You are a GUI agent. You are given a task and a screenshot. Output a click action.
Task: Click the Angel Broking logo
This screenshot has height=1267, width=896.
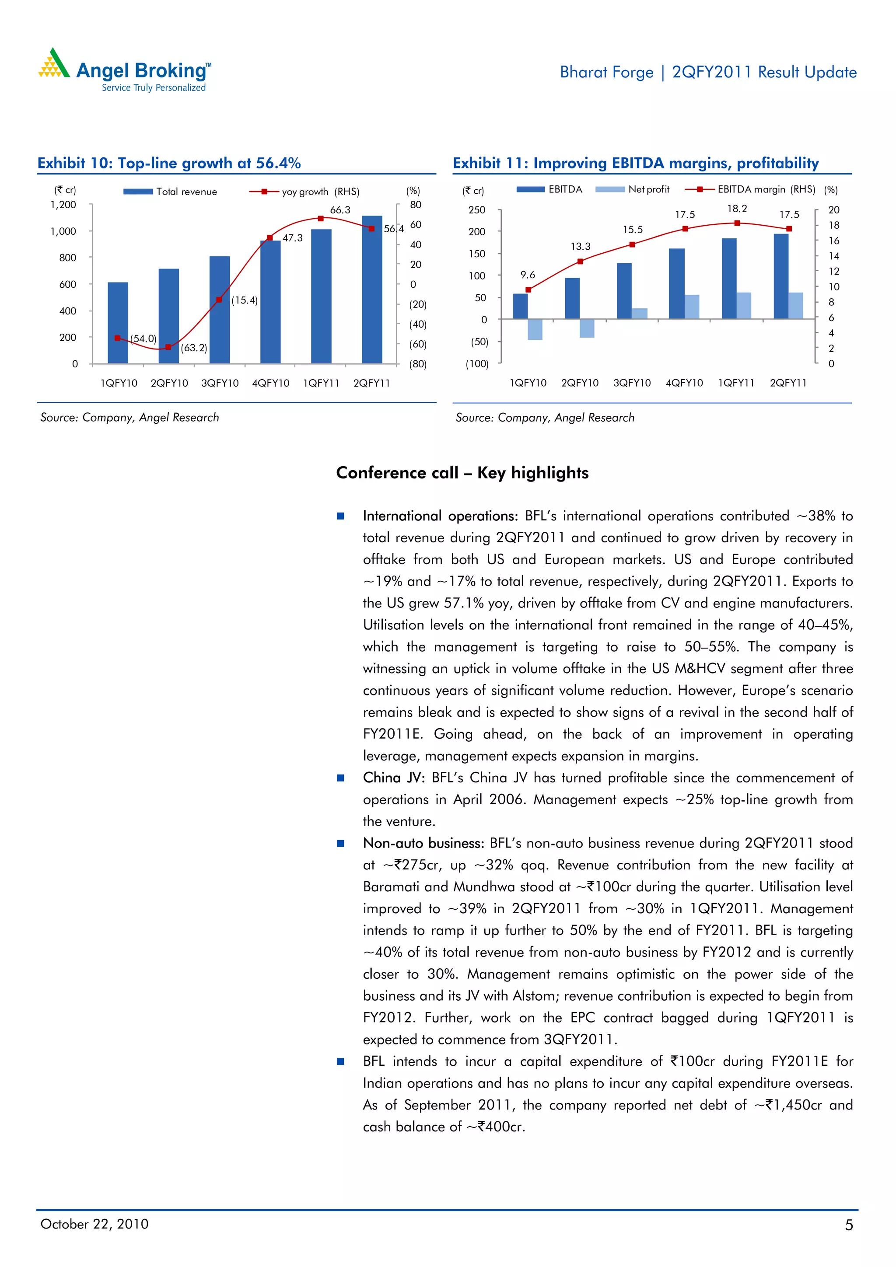pos(125,71)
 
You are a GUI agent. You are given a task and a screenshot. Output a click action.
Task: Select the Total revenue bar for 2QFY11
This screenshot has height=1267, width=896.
pos(371,289)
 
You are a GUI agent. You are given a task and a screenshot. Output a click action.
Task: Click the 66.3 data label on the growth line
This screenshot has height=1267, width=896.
pos(340,209)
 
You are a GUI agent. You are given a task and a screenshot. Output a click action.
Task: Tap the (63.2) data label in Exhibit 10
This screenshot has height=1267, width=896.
pos(194,348)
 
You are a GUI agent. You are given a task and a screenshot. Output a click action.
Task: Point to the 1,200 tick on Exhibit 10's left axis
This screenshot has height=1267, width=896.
pos(63,205)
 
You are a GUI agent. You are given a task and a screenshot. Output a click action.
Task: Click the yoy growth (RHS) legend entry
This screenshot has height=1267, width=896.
pos(305,192)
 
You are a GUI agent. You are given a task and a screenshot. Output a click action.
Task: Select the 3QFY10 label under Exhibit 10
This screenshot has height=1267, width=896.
pos(220,383)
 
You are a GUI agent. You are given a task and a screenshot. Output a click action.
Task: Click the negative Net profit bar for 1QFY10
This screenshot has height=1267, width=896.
pos(534,329)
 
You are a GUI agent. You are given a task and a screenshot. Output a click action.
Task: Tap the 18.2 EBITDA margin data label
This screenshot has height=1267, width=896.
pos(736,209)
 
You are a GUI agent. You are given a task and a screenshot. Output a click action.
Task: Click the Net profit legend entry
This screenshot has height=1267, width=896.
pos(633,189)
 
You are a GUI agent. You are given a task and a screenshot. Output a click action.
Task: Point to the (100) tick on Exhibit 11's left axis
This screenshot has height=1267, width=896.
pos(477,363)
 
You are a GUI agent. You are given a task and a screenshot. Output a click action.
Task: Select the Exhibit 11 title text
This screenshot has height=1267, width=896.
pos(635,163)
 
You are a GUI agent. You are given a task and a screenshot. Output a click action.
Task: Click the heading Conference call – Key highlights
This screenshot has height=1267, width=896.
pos(462,472)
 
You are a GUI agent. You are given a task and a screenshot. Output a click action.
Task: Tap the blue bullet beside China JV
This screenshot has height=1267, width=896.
pos(341,778)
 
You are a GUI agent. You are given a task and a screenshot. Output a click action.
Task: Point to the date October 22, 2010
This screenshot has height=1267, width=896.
pos(94,1224)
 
